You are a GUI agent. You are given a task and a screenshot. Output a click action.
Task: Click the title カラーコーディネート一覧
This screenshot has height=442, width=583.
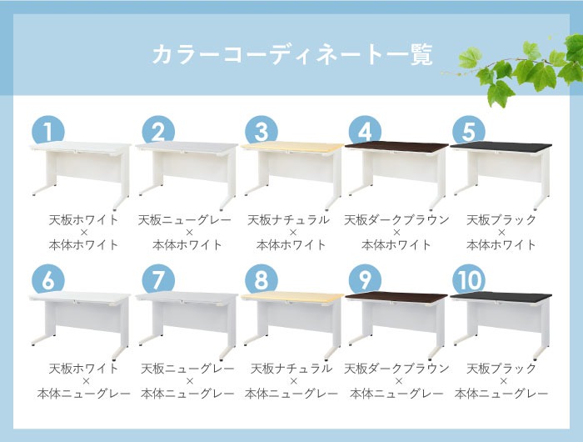pos(291,55)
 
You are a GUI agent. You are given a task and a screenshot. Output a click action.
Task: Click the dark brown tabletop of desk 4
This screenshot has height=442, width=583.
pos(396,148)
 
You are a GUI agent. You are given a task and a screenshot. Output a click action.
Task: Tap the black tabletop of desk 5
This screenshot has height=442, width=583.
pos(501,148)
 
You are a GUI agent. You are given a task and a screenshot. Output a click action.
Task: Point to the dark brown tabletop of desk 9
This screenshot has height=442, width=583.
pos(396,296)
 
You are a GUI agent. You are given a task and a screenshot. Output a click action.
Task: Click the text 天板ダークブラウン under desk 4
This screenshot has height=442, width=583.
pos(396,220)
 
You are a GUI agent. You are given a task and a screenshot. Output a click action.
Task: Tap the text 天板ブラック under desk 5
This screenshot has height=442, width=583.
pos(501,220)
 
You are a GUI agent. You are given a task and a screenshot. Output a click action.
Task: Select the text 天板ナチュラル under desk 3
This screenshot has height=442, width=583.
pos(291,220)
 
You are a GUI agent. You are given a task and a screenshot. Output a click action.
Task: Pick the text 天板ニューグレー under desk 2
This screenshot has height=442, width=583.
pos(187,220)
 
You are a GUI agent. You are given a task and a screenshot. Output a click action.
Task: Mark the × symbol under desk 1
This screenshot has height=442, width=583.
pos(83,233)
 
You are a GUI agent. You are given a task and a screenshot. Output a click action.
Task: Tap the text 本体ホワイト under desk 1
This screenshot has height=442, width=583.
pos(83,245)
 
